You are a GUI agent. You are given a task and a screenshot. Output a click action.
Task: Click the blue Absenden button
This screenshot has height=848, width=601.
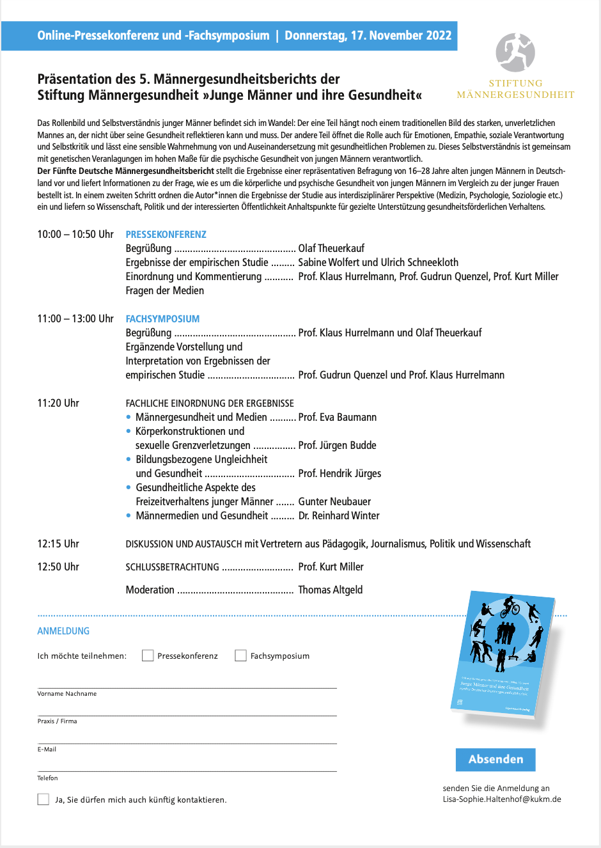[x=496, y=759]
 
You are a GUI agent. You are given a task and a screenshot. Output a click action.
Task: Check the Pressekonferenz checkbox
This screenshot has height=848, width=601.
[x=148, y=656]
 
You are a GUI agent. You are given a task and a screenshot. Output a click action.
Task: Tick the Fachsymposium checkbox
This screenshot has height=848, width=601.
[x=240, y=656]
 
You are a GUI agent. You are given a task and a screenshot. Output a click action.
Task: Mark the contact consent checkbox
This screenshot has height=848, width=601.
[x=43, y=799]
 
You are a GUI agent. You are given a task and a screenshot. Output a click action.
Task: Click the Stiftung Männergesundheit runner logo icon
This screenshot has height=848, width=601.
[x=515, y=52]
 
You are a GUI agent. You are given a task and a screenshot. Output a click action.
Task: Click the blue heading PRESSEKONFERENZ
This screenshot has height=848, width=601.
[x=166, y=235]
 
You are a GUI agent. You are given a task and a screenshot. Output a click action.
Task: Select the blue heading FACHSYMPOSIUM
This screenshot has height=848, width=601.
[x=162, y=319]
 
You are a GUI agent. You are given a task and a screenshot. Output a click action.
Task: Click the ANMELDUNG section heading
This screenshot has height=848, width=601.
[x=63, y=631]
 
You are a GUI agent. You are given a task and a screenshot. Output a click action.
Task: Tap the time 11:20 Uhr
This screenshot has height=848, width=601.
[x=58, y=404]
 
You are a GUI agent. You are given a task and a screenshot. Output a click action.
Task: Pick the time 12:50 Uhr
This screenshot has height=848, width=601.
[x=58, y=567]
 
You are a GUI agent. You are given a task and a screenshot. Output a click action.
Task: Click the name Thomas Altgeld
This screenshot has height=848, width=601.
[x=331, y=590]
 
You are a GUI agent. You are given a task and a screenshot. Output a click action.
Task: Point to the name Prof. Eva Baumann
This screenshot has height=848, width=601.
[x=338, y=418]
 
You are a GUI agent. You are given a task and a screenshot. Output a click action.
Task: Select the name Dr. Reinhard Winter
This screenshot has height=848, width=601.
[x=339, y=516]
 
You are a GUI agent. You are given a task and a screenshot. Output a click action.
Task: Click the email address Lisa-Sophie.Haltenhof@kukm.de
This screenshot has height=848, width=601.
[x=502, y=799]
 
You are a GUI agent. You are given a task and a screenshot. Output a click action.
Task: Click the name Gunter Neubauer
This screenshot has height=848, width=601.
[x=334, y=502]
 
